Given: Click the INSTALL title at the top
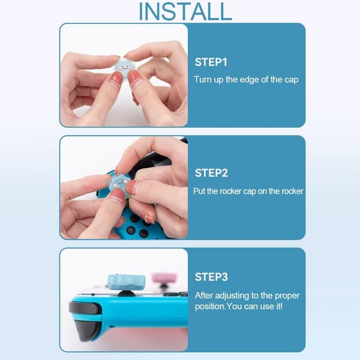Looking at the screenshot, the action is click(185, 11).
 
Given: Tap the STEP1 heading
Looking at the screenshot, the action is click(211, 62).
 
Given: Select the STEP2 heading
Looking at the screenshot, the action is click(211, 173).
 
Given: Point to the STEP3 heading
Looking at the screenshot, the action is click(211, 277).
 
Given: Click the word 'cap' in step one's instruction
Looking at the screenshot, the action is click(292, 80).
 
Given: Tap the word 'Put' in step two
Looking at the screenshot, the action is click(199, 191).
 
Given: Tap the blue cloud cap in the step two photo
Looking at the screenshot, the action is click(120, 183).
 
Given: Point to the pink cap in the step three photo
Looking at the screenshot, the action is click(164, 278).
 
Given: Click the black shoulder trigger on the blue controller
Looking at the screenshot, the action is click(85, 308).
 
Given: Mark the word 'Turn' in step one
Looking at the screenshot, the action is click(203, 79).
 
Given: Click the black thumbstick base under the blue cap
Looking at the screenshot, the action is click(126, 293).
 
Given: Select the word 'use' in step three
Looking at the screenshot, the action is click(267, 307).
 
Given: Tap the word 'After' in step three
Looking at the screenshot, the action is click(204, 295).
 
